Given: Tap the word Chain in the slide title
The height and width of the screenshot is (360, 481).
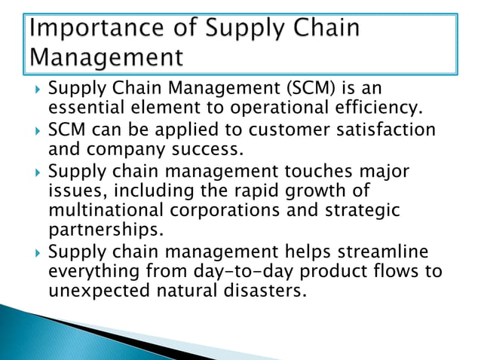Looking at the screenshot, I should [x=316, y=29].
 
